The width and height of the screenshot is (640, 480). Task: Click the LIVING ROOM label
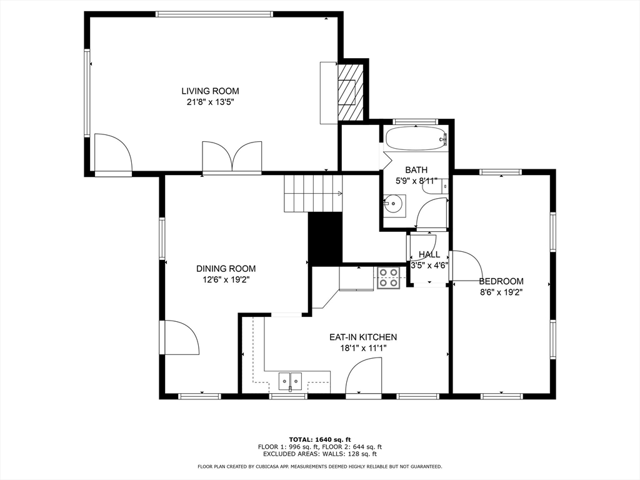coord(210,91)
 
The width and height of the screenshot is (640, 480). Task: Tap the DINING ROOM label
coord(226,269)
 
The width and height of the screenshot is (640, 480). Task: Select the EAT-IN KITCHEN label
coord(363,337)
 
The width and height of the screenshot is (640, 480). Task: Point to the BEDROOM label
coord(501,281)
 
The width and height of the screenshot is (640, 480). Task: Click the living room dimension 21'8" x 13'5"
coord(210,102)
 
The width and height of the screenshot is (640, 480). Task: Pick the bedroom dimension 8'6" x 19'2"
coord(501,292)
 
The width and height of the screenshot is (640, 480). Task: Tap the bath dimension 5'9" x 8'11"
coord(416,181)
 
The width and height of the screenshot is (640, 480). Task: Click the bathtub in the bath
coord(416,139)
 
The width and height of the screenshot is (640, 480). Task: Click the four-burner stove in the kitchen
coord(387,277)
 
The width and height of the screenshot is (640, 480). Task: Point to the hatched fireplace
coord(350,92)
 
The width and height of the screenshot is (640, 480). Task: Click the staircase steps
coord(313,194)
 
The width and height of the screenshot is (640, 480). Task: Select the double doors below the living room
coord(232,157)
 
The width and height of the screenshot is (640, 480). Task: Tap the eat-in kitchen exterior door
coord(364,376)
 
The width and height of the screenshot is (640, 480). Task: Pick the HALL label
coord(429,255)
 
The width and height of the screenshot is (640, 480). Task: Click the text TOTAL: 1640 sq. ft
coord(320,439)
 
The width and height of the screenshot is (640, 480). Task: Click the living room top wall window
coord(214,14)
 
